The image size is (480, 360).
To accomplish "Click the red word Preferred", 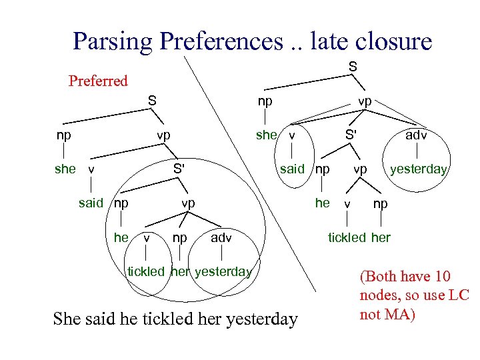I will coord(98,81).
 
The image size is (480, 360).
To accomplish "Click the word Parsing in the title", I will coord(113,41).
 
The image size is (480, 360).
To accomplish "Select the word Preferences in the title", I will coord(221,41).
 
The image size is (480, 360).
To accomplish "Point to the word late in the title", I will coord(323,41).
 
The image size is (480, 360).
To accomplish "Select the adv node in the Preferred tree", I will coord(221,237).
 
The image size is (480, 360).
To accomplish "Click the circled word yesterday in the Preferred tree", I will coord(223,271).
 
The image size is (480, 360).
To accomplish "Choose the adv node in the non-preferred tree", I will coord(417,135).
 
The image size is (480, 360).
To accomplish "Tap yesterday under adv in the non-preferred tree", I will coord(418,169).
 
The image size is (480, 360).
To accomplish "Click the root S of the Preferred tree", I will coord(153,101).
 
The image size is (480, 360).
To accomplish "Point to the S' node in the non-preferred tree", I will coord(350,135).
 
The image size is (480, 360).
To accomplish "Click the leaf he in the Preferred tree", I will coord(121,237).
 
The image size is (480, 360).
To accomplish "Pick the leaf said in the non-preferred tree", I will coord(292,169).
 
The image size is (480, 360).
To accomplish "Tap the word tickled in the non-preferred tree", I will coord(346,237).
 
